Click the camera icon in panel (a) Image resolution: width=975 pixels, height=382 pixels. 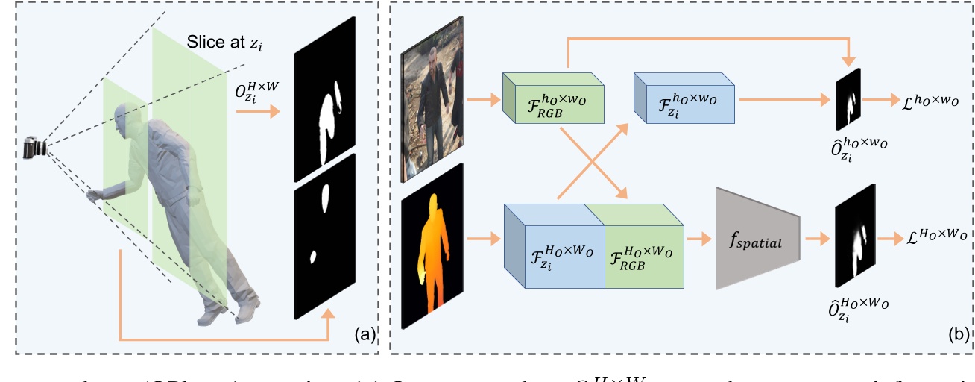34,148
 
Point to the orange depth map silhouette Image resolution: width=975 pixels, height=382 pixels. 432,245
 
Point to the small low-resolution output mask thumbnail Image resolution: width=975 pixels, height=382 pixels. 848,99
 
